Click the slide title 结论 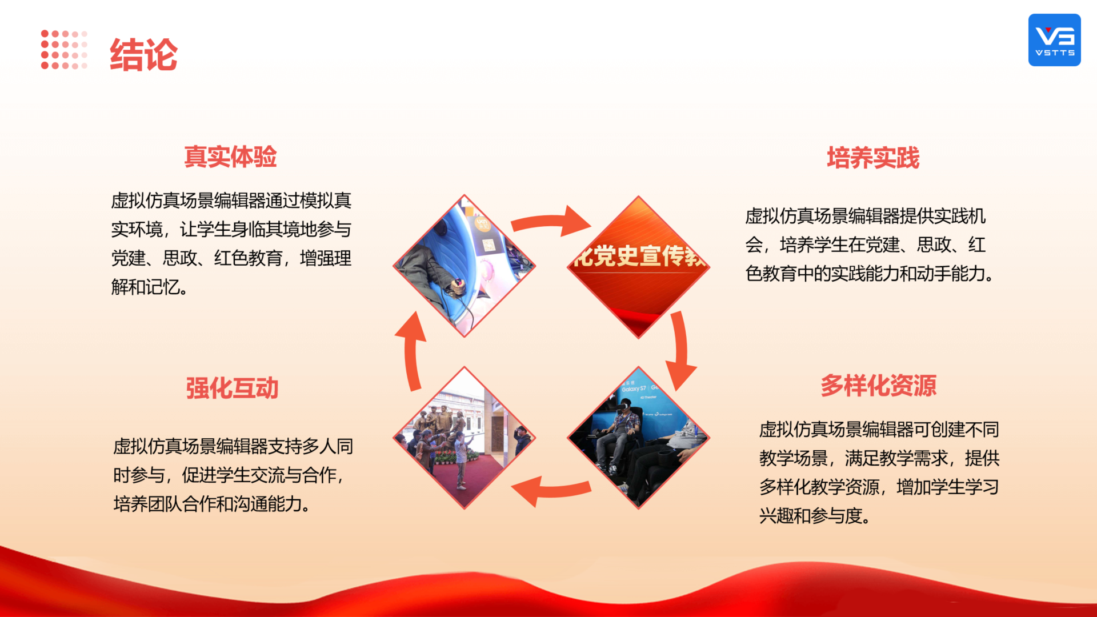[x=143, y=55]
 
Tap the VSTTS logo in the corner [x=1054, y=40]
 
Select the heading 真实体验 [x=230, y=157]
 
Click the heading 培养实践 [x=873, y=158]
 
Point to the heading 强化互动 [x=232, y=388]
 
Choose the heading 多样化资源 [x=879, y=386]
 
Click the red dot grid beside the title [x=64, y=50]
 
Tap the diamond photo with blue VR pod [x=464, y=266]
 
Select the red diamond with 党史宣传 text [x=638, y=267]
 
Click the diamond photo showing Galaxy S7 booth [x=638, y=438]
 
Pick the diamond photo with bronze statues [x=464, y=438]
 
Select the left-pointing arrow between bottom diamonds [x=551, y=490]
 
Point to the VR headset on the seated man [x=622, y=407]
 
